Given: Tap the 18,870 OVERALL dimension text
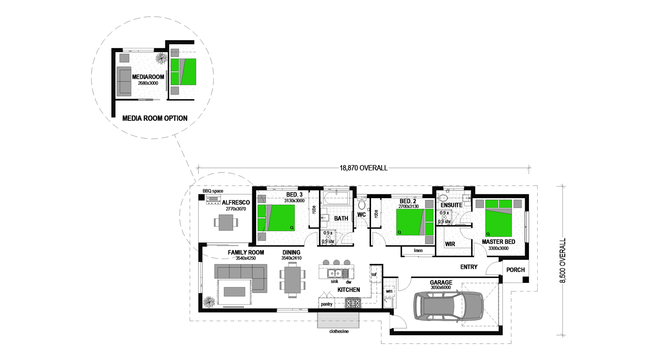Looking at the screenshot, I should coord(363,168).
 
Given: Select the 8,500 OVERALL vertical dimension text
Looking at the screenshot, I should coord(563,261).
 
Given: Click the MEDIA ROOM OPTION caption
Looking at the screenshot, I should coord(155,118).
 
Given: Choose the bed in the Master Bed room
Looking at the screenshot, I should coord(499,218).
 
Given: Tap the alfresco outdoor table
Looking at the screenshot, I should coord(226,222).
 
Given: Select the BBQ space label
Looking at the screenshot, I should coord(213,191).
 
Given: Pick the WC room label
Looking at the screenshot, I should coord(362,215).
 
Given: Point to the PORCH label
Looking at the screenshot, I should coord(515,270).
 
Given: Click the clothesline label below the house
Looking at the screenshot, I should coord(339,331).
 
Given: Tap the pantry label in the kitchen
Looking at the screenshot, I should coord(326,304).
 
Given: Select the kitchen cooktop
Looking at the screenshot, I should coord(353,303).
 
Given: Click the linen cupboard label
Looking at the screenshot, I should coord(418,251).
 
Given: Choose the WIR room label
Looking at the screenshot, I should coord(450,244).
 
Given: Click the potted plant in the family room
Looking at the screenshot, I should coord(209,302).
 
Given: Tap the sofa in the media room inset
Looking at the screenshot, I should coord(124,81).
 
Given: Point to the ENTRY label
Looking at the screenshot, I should coord(469,267).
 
